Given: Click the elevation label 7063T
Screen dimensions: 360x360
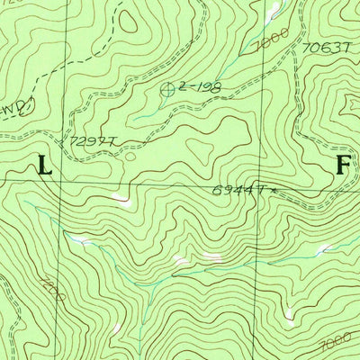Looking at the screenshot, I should point(325,49).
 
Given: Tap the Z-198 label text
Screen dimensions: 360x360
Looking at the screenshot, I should point(199,86).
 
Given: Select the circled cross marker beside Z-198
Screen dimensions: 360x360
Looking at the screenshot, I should point(168,88).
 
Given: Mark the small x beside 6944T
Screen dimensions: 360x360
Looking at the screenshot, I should point(267,190).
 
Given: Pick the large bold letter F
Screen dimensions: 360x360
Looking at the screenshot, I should point(342,165).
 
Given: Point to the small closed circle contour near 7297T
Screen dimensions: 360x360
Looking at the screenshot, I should point(130,156).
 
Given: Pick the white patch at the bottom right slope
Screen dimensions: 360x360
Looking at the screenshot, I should point(288,314).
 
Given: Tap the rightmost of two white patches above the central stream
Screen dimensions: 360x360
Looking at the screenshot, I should point(214,256).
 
